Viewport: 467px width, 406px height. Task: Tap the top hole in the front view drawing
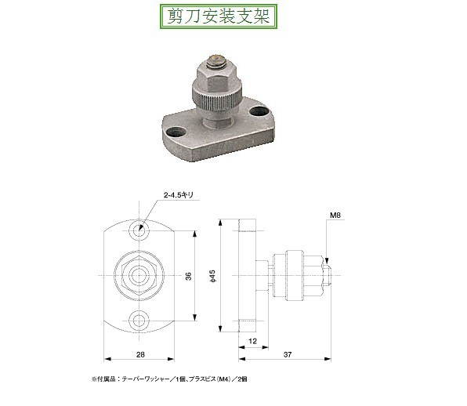tap(139, 233)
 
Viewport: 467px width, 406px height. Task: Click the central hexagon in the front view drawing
tap(139, 275)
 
